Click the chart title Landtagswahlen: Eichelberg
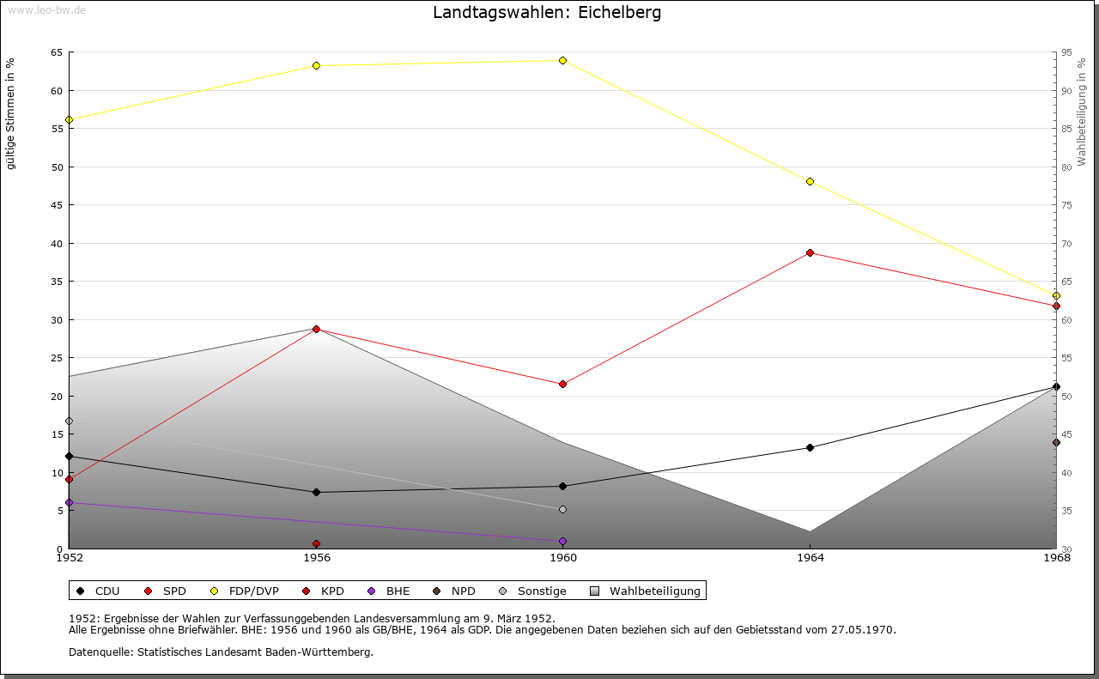click(547, 13)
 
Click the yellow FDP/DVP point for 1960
click(562, 60)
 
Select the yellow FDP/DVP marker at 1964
click(810, 181)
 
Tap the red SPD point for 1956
click(316, 329)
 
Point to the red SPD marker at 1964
click(810, 252)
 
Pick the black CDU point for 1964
click(810, 447)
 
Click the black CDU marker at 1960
click(562, 486)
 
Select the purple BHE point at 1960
click(562, 541)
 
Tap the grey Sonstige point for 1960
click(562, 509)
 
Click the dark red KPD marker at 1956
click(316, 543)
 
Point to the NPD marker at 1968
click(1056, 442)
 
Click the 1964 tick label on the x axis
click(810, 558)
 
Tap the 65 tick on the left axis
click(56, 52)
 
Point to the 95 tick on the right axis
click(1067, 52)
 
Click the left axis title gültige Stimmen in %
click(11, 113)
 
